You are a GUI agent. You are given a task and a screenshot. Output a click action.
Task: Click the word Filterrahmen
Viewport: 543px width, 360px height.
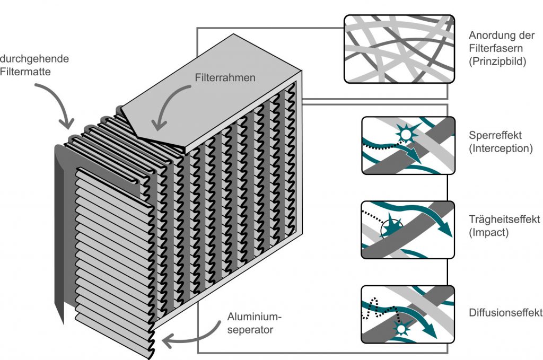coord(225,77)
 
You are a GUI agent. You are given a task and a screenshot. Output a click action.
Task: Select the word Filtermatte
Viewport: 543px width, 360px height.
coord(26,71)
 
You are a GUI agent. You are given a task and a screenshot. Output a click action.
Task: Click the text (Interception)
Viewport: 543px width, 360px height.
coord(501,148)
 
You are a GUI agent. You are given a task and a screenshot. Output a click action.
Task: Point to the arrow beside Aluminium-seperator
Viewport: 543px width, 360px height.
coord(180,339)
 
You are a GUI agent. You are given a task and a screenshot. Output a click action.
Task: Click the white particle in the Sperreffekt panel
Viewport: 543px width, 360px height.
coord(405,134)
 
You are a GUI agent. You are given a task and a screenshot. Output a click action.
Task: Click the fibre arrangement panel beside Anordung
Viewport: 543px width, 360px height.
coord(399,49)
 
